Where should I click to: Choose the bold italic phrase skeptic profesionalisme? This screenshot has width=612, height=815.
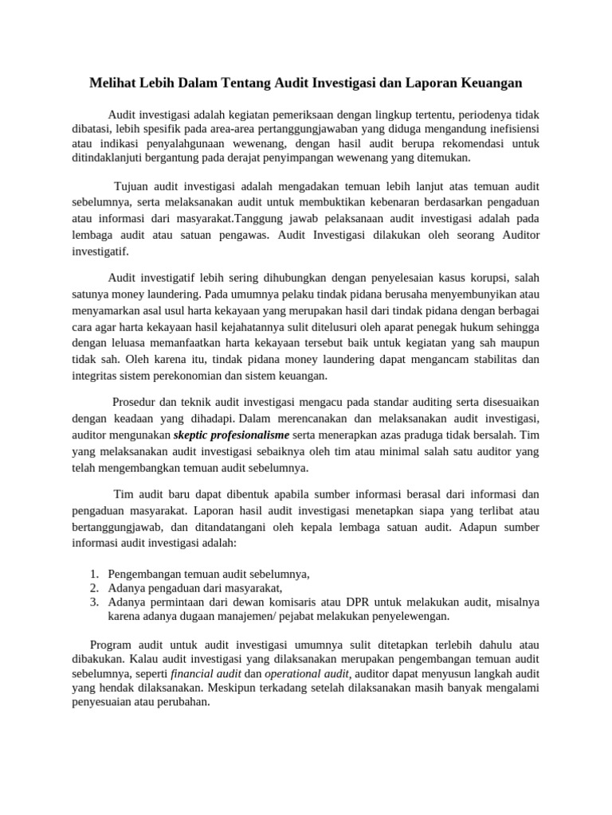coord(232,435)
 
